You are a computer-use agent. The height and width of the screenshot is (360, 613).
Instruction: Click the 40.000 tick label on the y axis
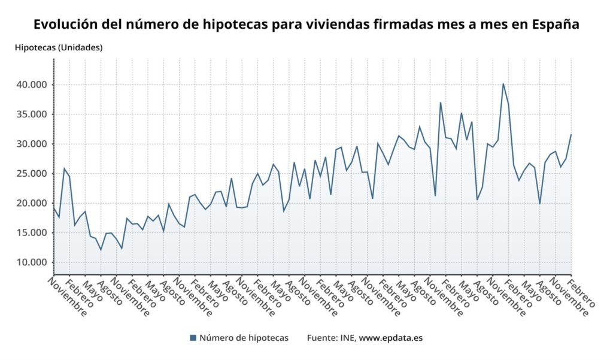point(32,85)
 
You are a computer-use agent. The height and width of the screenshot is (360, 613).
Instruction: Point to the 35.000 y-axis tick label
point(32,114)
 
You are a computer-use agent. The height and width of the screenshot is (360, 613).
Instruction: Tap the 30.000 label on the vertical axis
point(32,144)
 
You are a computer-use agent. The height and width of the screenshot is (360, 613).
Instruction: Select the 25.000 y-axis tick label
point(32,174)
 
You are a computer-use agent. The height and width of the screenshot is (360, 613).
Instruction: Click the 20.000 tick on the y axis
point(32,203)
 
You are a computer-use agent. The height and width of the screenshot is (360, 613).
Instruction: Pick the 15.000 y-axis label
point(32,233)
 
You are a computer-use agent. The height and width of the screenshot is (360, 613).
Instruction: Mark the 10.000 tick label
point(32,262)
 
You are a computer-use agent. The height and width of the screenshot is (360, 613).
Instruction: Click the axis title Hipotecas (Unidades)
point(59,47)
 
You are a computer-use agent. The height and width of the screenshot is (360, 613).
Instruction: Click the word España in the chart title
point(555,25)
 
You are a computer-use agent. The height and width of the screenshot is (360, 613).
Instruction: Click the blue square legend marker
point(193,338)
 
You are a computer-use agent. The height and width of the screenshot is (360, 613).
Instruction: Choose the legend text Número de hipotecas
point(244,338)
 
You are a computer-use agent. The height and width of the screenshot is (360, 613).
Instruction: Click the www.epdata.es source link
point(390,338)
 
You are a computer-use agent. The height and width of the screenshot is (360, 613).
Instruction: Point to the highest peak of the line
point(503,83)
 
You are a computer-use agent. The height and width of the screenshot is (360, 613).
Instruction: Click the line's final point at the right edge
point(571,135)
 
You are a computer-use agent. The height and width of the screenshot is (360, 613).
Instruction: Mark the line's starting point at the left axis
point(54,208)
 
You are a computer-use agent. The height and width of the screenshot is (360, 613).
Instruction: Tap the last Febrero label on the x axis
point(582,293)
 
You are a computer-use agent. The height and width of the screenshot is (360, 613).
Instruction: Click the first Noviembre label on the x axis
point(67,297)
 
